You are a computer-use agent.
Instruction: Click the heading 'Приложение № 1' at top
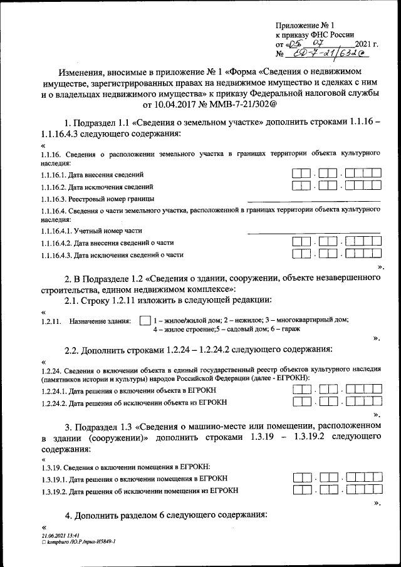click(303, 25)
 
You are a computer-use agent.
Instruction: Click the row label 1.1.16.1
click(53, 175)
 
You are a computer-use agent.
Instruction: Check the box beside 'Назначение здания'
click(145, 320)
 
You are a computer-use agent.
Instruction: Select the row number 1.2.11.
click(50, 321)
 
